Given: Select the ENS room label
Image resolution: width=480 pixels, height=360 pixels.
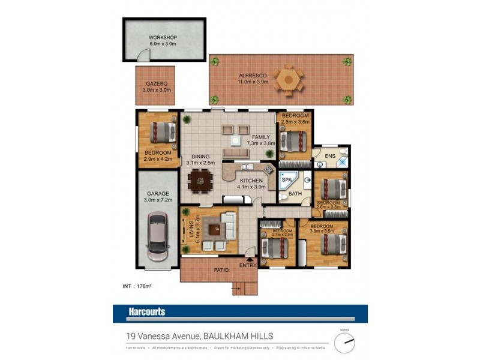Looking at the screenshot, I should coord(330,157).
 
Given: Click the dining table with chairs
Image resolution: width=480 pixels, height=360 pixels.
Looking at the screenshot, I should coord(199,179).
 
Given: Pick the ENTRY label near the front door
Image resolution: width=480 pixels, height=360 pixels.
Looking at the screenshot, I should coord(248,265).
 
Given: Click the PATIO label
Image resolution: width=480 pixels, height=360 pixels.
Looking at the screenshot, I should coord(221,271).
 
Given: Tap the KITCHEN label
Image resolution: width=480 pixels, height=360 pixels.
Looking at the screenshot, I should coord(251,180).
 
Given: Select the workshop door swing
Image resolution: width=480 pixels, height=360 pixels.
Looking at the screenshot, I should coord(142,56).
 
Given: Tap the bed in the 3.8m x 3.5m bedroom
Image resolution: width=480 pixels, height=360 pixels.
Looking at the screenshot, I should coord(332,244).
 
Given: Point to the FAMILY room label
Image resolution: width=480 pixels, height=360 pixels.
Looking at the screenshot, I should coord(261,137).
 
